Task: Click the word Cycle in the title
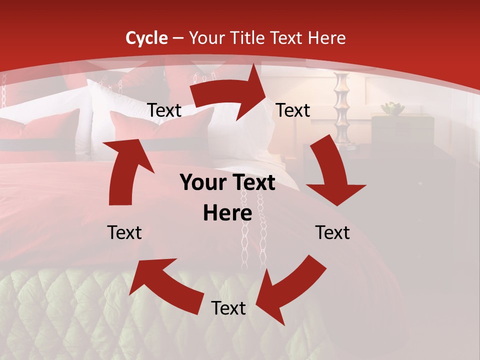(x=146, y=38)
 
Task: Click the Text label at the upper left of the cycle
(x=164, y=110)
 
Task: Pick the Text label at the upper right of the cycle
(x=293, y=110)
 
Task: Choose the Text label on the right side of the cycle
(x=332, y=232)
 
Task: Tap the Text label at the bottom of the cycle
(x=228, y=308)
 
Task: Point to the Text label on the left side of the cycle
(x=124, y=232)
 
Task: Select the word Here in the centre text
(x=227, y=213)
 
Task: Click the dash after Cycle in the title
(x=177, y=38)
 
